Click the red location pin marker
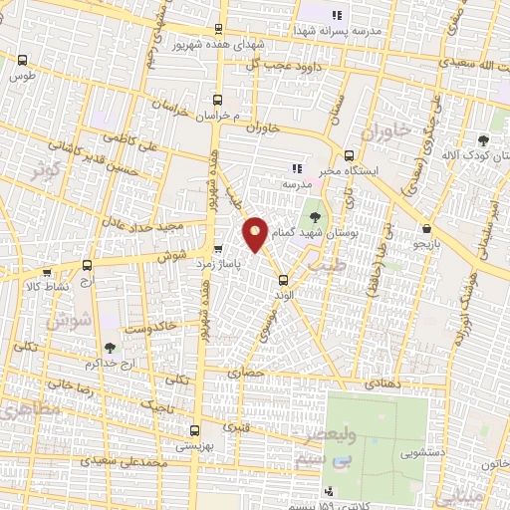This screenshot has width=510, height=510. [255, 234]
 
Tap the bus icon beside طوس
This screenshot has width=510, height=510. [22, 59]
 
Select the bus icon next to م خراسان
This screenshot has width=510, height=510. [218, 100]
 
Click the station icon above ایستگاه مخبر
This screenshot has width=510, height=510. [349, 155]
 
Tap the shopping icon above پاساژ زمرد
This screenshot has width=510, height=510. [218, 249]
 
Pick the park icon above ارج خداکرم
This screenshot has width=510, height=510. [109, 348]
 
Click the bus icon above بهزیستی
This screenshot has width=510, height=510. [194, 432]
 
